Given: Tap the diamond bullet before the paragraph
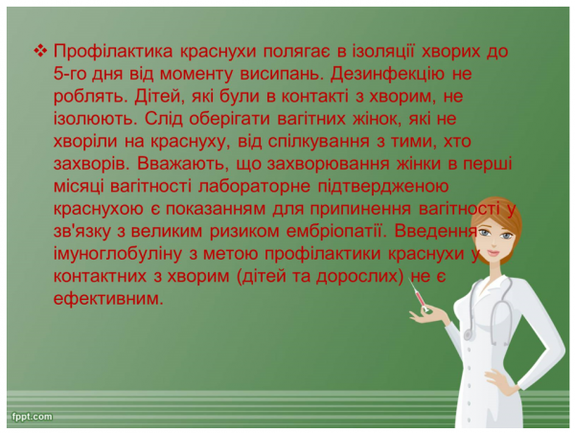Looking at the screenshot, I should coord(39,50).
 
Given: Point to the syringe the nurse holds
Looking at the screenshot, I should coord(421,302).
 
